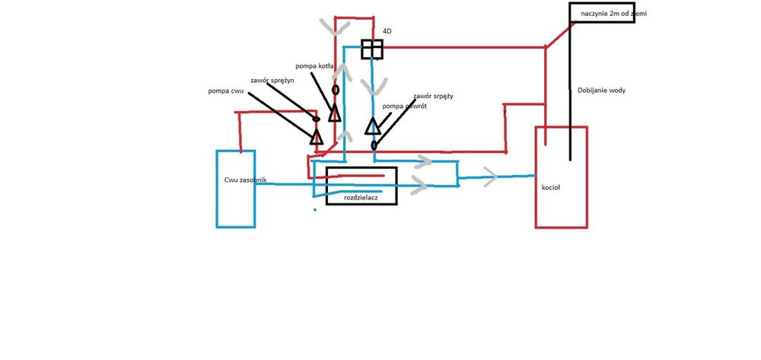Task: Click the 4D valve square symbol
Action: [x=371, y=49]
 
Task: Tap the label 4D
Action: [x=387, y=31]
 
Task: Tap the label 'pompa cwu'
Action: [x=226, y=91]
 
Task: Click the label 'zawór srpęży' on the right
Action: [x=433, y=96]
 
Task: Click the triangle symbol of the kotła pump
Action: [x=334, y=114]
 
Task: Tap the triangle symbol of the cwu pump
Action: [x=316, y=137]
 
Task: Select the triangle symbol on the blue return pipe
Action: [x=373, y=126]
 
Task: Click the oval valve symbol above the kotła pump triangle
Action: [x=335, y=90]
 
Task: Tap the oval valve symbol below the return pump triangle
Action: [x=374, y=145]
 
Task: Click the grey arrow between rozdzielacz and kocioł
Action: [x=489, y=177]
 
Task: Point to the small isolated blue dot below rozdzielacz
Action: [x=314, y=209]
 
